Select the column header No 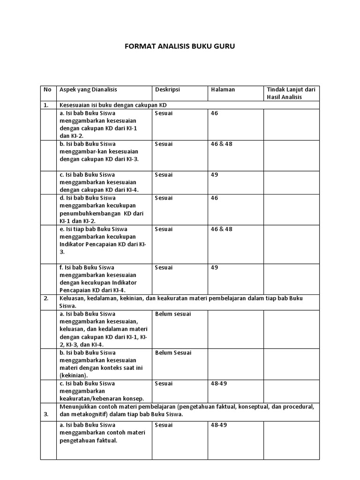(47, 89)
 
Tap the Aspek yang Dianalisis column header (88, 89)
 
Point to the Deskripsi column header (167, 89)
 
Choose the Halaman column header (223, 89)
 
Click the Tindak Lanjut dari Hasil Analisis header (291, 93)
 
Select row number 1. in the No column (46, 105)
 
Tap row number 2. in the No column (46, 298)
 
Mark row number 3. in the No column (46, 414)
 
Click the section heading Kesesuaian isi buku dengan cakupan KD (113, 105)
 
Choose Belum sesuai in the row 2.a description (173, 314)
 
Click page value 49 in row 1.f (215, 268)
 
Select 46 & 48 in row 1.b (222, 144)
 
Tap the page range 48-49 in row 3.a (219, 425)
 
